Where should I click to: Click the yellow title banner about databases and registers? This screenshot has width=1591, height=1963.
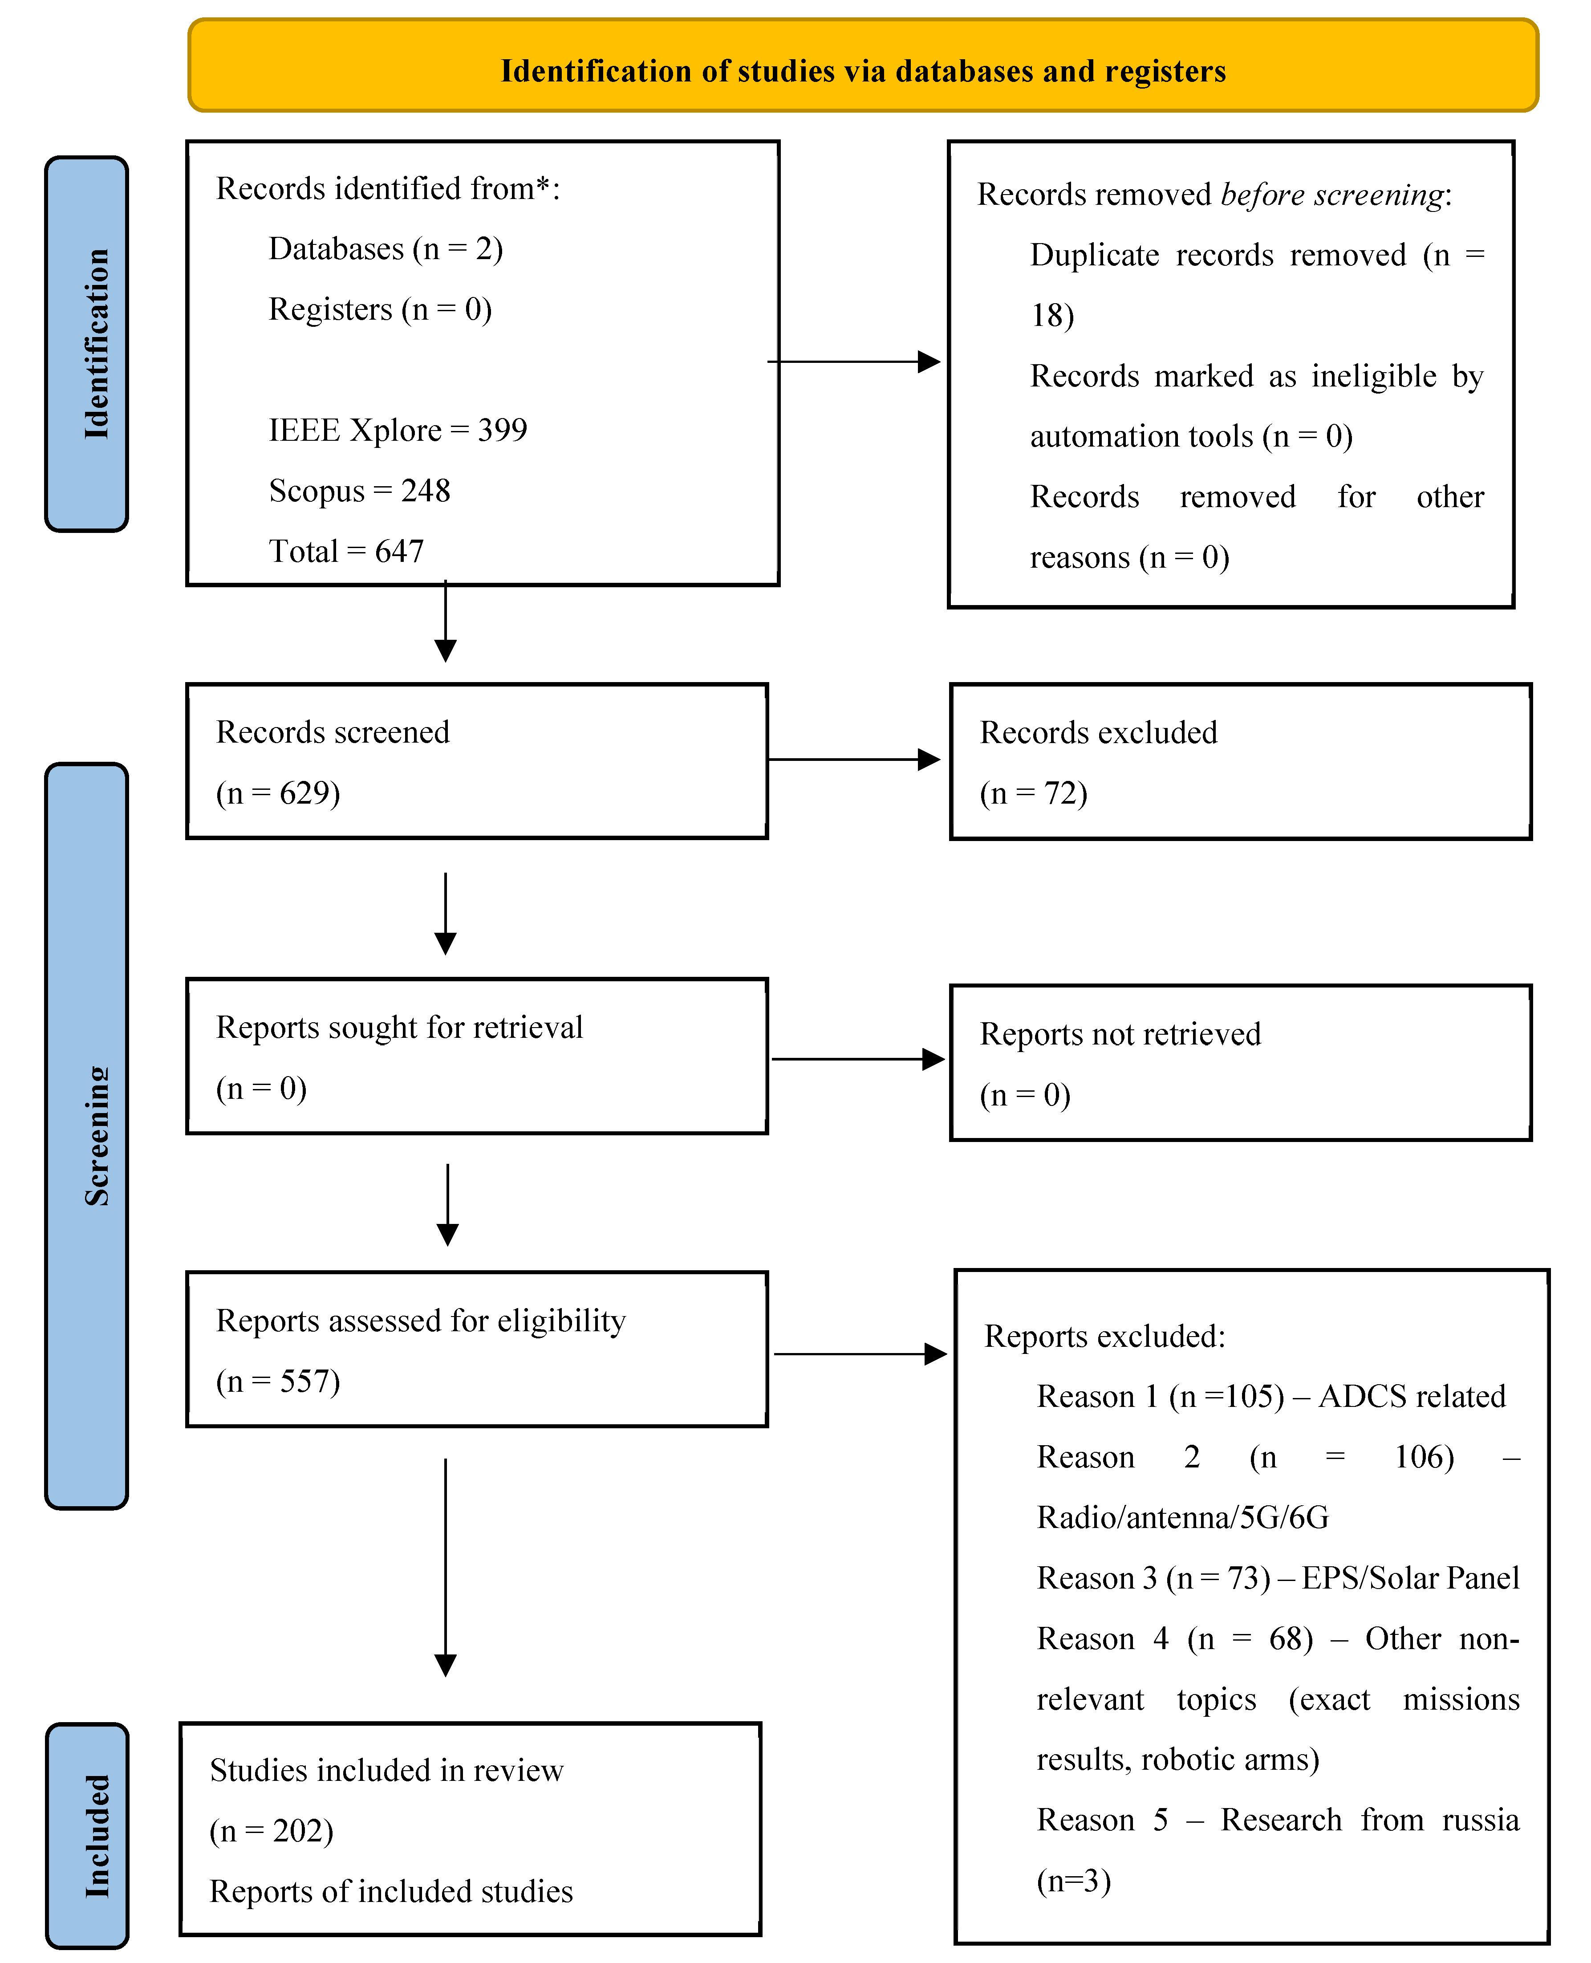click(x=862, y=66)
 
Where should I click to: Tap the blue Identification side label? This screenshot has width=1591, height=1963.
click(x=87, y=344)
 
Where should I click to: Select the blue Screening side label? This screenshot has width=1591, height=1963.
click(x=87, y=1136)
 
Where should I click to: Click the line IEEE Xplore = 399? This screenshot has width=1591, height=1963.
click(x=398, y=430)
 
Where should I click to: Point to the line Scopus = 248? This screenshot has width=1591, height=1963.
click(x=359, y=490)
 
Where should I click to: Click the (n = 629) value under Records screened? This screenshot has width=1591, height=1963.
click(x=278, y=793)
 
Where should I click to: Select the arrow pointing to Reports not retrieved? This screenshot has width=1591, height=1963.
click(x=857, y=1059)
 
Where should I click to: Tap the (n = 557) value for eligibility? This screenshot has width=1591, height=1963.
click(x=278, y=1381)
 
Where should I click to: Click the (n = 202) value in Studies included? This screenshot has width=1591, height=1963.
click(x=271, y=1831)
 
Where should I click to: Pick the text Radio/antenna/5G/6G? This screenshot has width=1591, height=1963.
click(x=1182, y=1518)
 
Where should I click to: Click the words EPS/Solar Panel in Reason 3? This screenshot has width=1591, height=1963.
click(x=1409, y=1578)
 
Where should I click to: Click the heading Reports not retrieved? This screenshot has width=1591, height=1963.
click(x=1120, y=1034)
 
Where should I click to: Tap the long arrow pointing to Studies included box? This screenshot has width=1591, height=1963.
click(x=446, y=1567)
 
